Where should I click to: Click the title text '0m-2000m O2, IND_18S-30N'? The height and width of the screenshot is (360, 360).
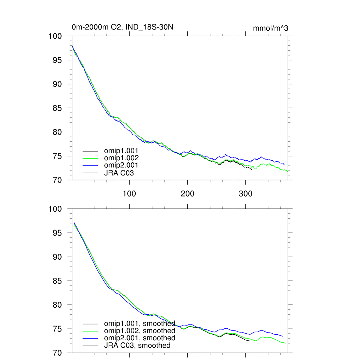tap(122, 27)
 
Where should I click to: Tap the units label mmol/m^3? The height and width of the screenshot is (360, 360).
tap(270, 28)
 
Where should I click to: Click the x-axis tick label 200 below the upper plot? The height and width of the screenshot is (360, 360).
tap(187, 194)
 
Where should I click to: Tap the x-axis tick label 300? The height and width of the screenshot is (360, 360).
tap(245, 194)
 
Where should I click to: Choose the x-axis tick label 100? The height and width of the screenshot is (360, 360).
tap(129, 194)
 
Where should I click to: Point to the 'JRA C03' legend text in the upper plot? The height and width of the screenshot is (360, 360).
tap(119, 173)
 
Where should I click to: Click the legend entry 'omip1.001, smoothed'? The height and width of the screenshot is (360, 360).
tap(140, 323)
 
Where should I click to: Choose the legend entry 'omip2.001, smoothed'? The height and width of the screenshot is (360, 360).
tap(140, 338)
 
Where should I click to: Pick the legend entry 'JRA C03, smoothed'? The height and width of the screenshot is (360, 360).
tap(137, 345)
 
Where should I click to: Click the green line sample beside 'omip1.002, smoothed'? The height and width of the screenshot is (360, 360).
tap(90, 331)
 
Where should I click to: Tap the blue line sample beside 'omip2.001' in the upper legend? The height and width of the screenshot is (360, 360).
tap(90, 165)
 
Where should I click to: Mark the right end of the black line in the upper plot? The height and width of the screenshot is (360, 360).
tap(251, 170)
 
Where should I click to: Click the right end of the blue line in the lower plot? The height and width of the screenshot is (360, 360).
tap(282, 336)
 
